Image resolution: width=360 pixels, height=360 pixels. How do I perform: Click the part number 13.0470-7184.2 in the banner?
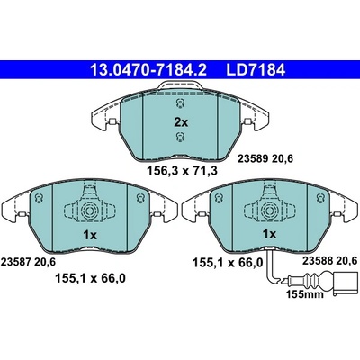click(148, 70)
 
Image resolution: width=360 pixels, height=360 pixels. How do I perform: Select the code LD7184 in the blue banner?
click(256, 70)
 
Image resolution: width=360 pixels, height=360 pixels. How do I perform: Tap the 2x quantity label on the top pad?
click(181, 122)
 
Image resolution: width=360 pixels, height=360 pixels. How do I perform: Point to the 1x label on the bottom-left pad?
click(90, 236)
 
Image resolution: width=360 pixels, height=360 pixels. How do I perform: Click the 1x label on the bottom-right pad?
click(269, 234)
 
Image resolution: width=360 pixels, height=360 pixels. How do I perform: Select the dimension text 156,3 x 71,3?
click(182, 171)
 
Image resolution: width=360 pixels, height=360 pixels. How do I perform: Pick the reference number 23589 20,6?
click(265, 158)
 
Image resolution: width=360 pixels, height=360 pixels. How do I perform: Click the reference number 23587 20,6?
click(29, 262)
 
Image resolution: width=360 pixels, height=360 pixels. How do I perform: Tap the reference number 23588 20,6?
click(329, 261)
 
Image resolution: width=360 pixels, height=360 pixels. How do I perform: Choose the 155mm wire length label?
click(304, 294)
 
